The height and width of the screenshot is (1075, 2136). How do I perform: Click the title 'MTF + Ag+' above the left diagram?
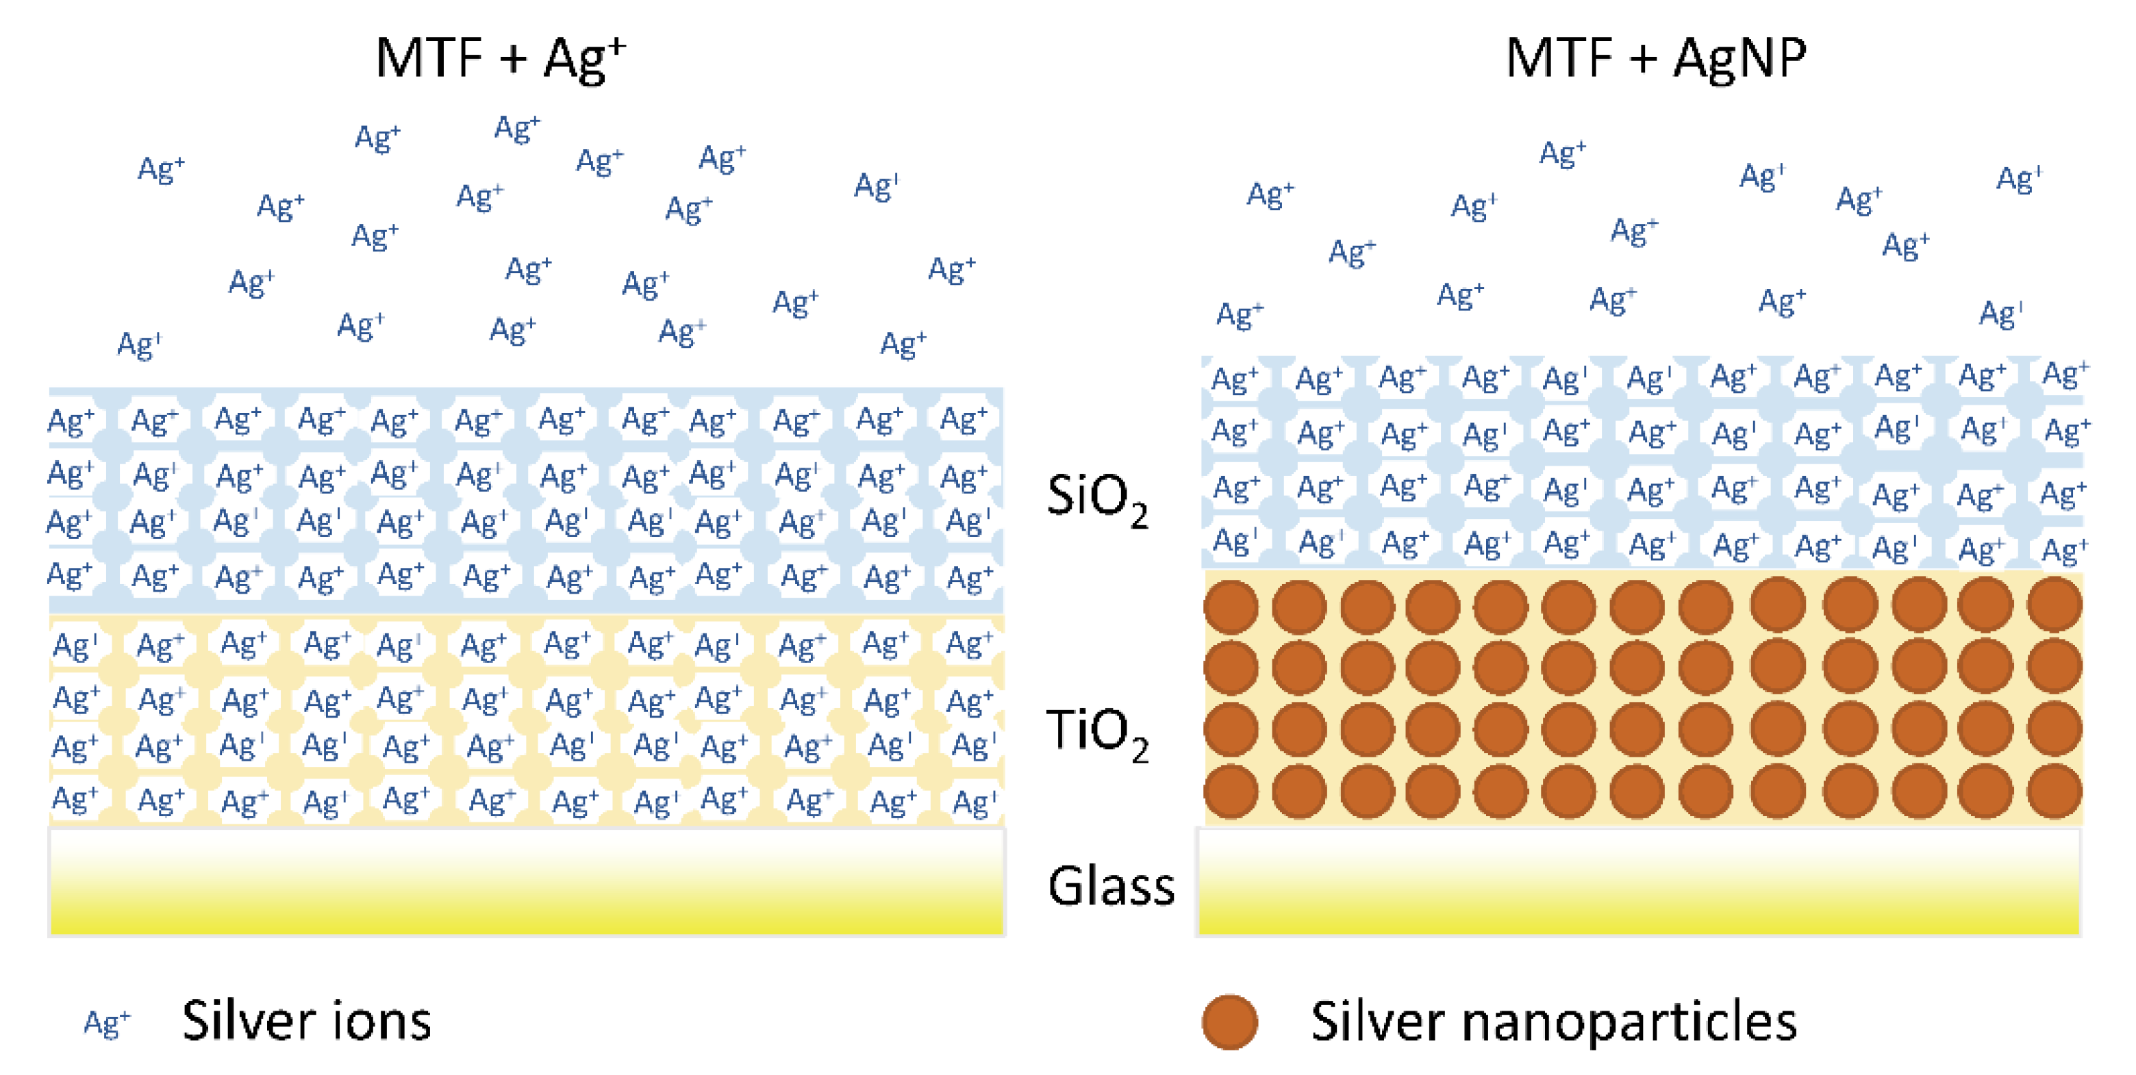pyautogui.click(x=500, y=58)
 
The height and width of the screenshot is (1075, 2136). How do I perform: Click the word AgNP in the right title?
pyautogui.click(x=1739, y=58)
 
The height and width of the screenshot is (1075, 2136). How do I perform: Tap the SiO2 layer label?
pyautogui.click(x=1096, y=499)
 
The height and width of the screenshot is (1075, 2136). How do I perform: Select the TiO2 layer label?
pyautogui.click(x=1096, y=733)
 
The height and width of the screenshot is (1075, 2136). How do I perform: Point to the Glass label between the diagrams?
pyautogui.click(x=1110, y=885)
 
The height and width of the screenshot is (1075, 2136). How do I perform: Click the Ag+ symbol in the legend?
pyautogui.click(x=107, y=1023)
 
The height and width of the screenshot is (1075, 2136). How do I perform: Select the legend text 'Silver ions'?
pyautogui.click(x=307, y=1020)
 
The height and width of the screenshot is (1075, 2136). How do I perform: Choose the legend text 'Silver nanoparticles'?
pyautogui.click(x=1553, y=1020)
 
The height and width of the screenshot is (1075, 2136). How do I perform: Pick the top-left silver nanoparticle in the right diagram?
pyautogui.click(x=1231, y=607)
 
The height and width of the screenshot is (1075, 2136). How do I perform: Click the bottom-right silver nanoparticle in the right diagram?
pyautogui.click(x=2054, y=792)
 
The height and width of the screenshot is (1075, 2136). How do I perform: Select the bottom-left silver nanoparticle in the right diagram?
pyautogui.click(x=1231, y=792)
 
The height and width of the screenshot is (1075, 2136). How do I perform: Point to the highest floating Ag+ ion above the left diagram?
pyautogui.click(x=516, y=129)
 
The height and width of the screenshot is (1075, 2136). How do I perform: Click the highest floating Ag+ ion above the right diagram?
pyautogui.click(x=1562, y=154)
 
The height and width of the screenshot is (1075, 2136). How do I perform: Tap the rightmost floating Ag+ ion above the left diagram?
pyautogui.click(x=951, y=269)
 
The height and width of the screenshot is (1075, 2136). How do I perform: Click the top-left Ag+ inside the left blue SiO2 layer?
pyautogui.click(x=71, y=421)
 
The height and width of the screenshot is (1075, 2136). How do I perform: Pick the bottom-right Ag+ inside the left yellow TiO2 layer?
pyautogui.click(x=972, y=802)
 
